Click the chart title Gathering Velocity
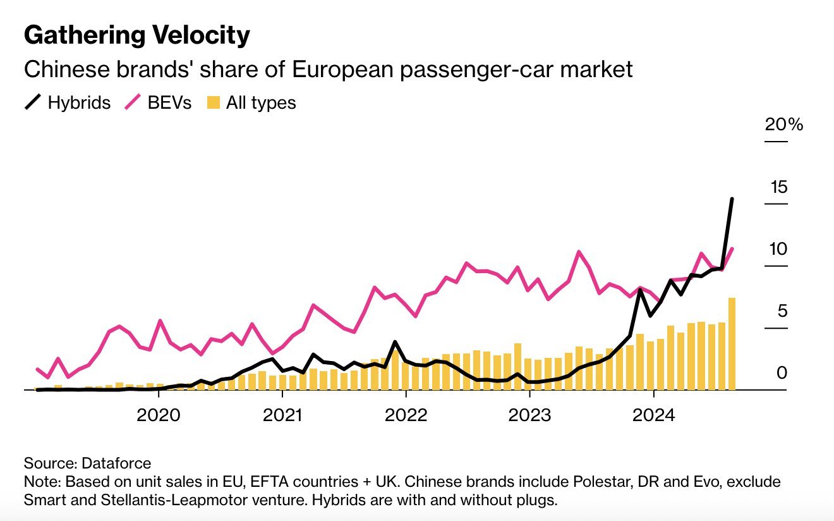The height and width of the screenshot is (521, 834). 136,35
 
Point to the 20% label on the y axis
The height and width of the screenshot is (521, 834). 783,125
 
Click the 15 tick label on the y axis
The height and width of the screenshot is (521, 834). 779,187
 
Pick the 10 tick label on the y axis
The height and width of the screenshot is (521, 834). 779,249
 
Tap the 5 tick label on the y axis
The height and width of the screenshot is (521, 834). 782,311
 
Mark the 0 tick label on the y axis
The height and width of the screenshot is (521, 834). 782,373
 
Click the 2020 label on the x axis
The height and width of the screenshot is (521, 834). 159,415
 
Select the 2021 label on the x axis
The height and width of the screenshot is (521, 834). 282,415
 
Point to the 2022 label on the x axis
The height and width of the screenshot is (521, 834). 406,415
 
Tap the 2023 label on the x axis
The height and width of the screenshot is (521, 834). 530,415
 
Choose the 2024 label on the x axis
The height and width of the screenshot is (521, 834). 654,415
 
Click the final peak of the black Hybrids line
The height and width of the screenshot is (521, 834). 732,199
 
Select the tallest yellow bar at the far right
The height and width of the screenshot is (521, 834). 732,341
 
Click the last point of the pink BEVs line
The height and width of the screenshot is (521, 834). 732,248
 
